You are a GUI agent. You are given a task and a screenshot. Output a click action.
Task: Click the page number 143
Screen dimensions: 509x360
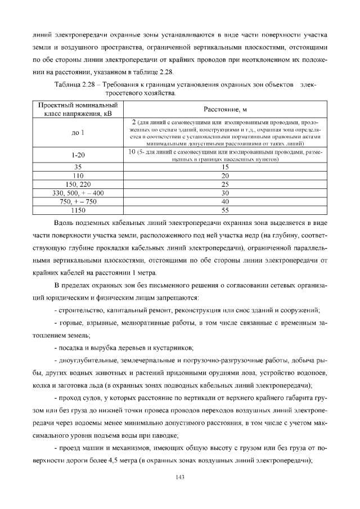click(x=179, y=477)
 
